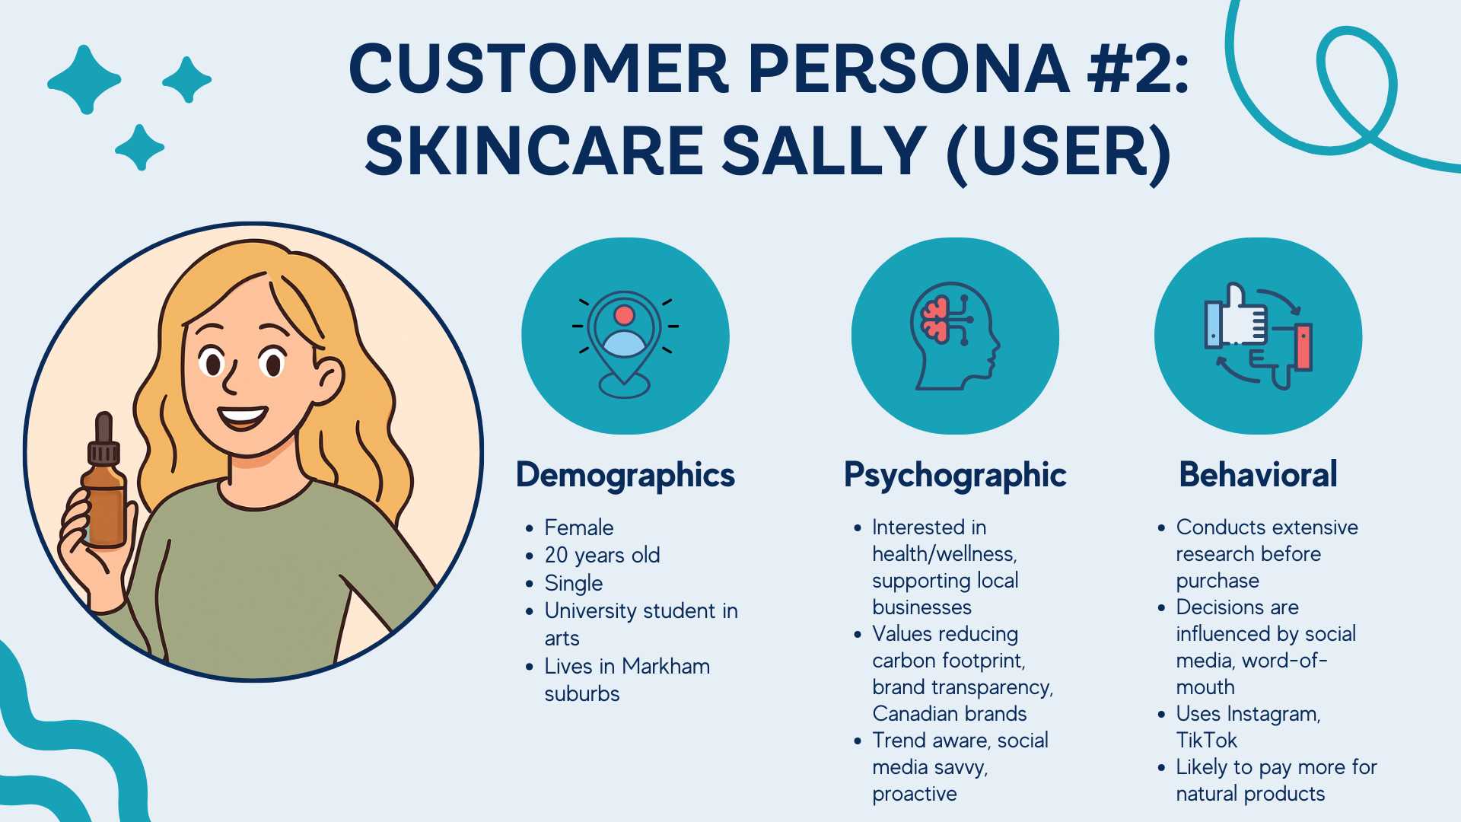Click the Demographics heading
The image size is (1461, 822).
625,475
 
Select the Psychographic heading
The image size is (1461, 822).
955,475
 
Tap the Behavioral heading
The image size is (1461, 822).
1258,475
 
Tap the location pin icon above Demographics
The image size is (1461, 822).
625,339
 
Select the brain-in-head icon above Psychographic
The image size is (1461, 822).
954,336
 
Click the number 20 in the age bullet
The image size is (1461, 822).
556,555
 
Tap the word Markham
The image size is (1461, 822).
665,666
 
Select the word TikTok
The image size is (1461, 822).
1206,740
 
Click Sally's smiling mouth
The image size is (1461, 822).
243,417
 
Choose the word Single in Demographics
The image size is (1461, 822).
573,583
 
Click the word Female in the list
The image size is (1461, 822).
578,527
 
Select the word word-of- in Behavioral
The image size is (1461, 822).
1284,660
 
